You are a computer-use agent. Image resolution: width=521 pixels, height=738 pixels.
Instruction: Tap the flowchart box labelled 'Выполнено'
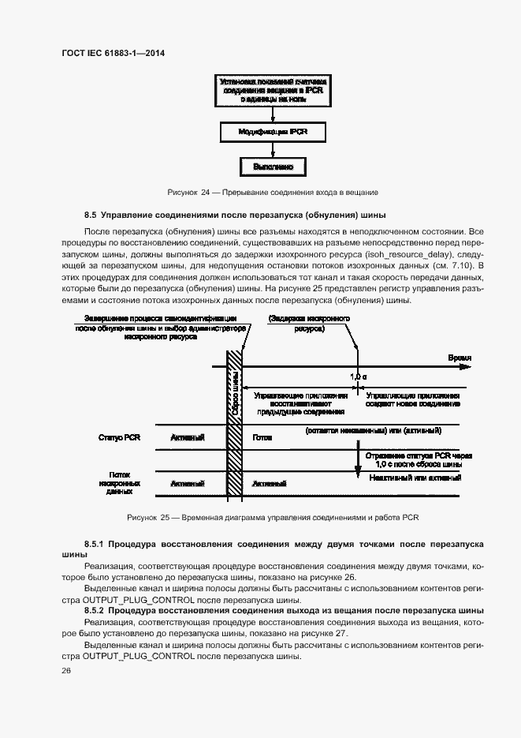[x=273, y=167]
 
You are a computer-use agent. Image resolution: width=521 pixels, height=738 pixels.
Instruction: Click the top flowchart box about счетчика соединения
[x=272, y=91]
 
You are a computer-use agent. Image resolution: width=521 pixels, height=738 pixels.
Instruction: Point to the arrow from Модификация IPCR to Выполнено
[x=273, y=149]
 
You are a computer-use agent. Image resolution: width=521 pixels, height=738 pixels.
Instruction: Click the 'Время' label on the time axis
[x=459, y=358]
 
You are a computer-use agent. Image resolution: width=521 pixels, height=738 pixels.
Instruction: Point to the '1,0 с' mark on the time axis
[x=359, y=377]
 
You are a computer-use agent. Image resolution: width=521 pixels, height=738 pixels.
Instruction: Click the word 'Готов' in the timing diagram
[x=262, y=436]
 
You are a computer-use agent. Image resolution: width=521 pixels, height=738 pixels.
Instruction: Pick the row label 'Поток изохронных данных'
[x=119, y=481]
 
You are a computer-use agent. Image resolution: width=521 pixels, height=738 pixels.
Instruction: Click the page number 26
[x=65, y=670]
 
